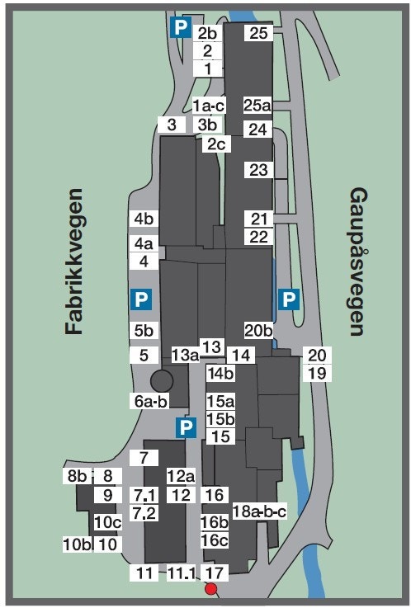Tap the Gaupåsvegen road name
(357, 262)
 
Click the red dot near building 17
(211, 589)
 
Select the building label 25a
(257, 105)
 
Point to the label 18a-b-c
(259, 511)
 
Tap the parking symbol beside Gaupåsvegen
(288, 299)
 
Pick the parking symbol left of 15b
(187, 427)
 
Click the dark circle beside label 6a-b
(161, 381)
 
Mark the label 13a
(186, 356)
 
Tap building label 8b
(77, 476)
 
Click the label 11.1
(180, 573)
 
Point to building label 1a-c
(209, 106)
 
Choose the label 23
(258, 170)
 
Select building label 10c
(107, 522)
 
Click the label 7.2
(144, 513)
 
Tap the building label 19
(317, 373)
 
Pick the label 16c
(215, 540)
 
